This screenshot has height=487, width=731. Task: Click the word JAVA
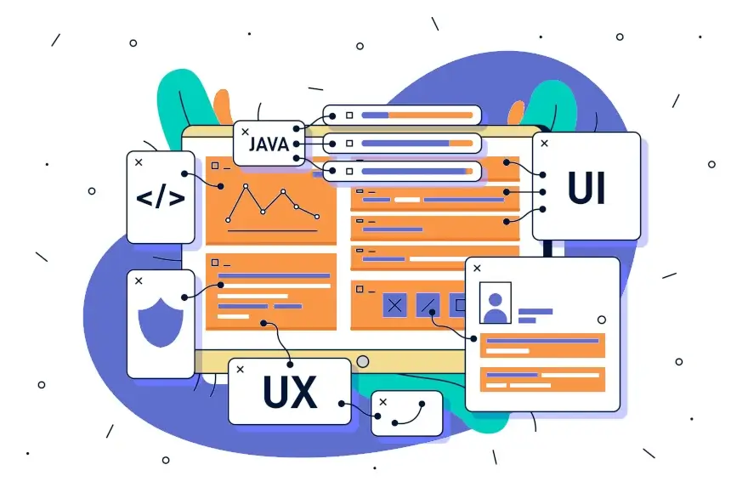(x=269, y=144)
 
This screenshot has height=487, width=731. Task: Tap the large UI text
(x=586, y=188)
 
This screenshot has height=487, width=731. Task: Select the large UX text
(x=290, y=392)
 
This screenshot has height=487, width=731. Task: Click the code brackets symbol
(x=161, y=196)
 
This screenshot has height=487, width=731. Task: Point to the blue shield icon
(x=161, y=322)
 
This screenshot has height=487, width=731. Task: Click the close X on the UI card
(x=544, y=144)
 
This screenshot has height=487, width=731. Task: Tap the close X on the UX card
(x=240, y=370)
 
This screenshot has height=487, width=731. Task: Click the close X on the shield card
(x=139, y=281)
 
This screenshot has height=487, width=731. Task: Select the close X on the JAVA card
(x=245, y=132)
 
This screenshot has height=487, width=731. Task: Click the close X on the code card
(x=139, y=162)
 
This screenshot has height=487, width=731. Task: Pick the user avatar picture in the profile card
(x=495, y=303)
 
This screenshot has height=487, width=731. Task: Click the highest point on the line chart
(x=246, y=186)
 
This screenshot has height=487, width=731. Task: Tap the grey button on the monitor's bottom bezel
(x=363, y=361)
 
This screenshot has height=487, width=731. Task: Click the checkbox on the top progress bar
(x=349, y=115)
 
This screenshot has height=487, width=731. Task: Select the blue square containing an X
(x=394, y=305)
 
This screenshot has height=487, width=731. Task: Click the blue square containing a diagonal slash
(x=428, y=305)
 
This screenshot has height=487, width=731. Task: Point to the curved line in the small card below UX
(x=410, y=416)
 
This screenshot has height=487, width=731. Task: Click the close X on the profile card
(x=477, y=268)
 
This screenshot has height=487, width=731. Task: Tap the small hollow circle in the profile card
(x=602, y=320)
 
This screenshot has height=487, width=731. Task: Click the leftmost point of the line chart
(x=228, y=220)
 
